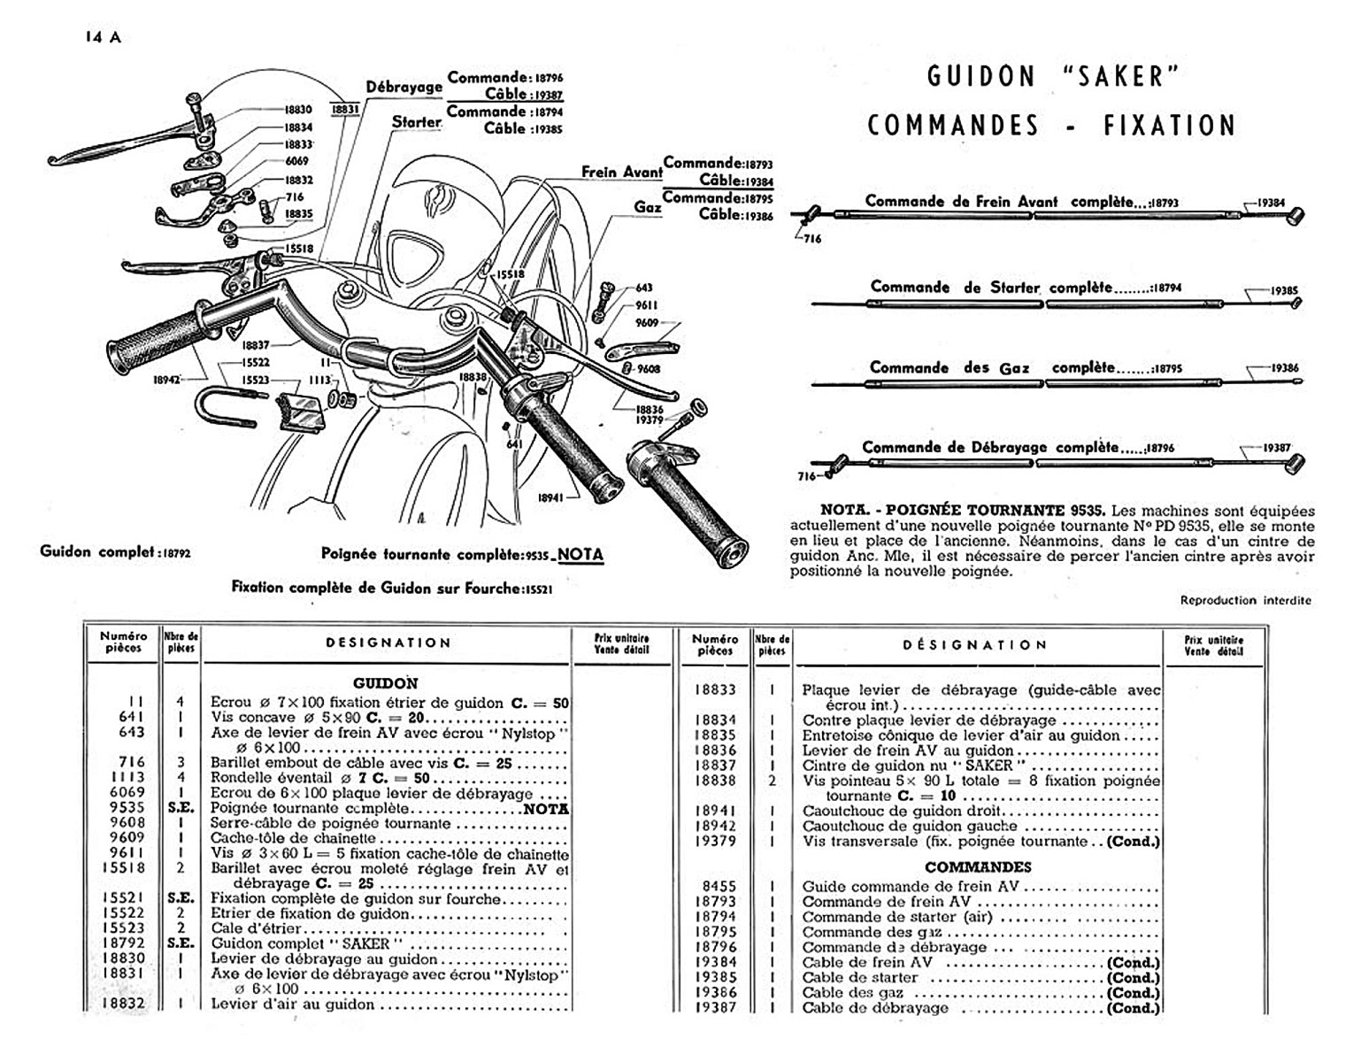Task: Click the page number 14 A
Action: coord(103,37)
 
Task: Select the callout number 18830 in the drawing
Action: coord(298,110)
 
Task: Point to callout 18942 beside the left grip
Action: coord(166,379)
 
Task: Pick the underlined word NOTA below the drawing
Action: coord(581,555)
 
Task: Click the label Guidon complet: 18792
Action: coord(115,551)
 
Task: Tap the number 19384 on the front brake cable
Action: coord(1271,203)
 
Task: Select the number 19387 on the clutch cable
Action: coord(1275,448)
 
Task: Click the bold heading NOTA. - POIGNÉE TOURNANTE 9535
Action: coord(964,511)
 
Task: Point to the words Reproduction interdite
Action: coord(1245,600)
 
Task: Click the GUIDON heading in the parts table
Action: coord(386,683)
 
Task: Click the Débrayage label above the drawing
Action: coord(404,87)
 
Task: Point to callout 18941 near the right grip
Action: coord(551,497)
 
